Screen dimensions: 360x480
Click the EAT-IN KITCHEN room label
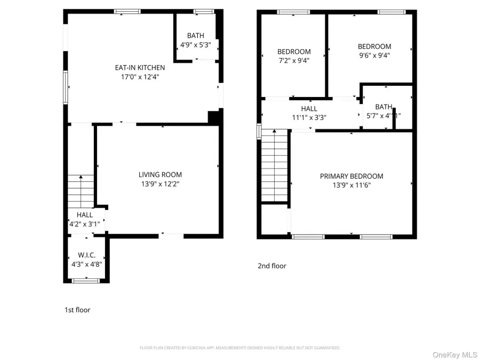point(140,68)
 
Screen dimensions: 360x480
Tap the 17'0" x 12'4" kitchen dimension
point(140,77)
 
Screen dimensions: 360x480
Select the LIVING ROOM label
point(160,174)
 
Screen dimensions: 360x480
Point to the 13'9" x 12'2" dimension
point(160,184)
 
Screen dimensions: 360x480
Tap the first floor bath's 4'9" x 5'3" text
point(195,45)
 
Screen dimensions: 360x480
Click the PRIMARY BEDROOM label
point(351,176)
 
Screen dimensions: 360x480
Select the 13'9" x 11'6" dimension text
point(351,186)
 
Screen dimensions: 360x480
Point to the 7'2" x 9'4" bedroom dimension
point(293,61)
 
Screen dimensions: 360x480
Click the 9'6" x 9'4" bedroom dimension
point(374,55)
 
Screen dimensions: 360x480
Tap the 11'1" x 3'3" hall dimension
point(309,118)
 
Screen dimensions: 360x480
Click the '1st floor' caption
point(77,310)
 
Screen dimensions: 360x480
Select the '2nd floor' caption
point(272,266)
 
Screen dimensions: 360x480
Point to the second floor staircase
point(275,166)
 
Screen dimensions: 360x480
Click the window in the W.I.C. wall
point(85,281)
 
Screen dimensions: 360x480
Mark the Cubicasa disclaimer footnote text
point(239,348)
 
